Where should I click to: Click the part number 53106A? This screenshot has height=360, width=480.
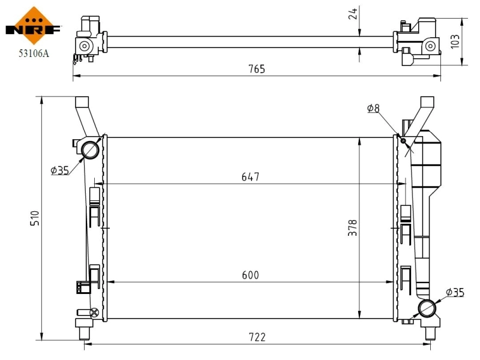(x=34, y=53)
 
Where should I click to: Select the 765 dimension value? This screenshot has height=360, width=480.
(x=257, y=69)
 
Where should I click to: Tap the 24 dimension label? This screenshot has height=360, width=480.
(x=353, y=14)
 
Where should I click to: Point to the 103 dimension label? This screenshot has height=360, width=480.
(x=455, y=41)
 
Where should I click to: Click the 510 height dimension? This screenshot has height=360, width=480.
(x=34, y=218)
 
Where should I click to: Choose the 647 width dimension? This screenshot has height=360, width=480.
(x=250, y=177)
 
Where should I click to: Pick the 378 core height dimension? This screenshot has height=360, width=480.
(x=353, y=227)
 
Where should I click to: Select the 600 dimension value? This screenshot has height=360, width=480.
(x=250, y=275)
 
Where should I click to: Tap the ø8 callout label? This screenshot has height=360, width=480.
(x=373, y=108)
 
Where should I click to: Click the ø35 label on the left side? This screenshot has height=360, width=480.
(x=60, y=170)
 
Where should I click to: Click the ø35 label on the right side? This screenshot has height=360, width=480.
(x=455, y=292)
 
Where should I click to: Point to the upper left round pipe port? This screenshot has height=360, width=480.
(x=91, y=149)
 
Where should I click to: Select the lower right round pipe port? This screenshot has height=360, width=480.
(x=427, y=308)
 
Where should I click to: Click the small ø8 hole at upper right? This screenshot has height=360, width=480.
(x=403, y=141)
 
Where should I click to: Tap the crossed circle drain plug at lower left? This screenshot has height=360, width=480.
(x=94, y=312)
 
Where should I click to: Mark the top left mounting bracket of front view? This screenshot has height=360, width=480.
(x=84, y=114)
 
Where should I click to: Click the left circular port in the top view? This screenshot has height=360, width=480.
(x=85, y=46)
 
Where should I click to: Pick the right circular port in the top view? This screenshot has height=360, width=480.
(x=430, y=46)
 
